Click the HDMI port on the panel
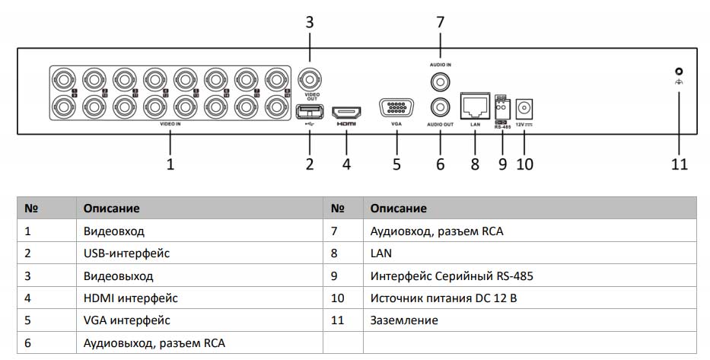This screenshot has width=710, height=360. tap(346, 110)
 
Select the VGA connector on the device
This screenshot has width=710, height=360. tap(396, 108)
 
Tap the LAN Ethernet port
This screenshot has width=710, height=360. tap(475, 106)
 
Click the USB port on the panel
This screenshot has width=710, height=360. tap(310, 111)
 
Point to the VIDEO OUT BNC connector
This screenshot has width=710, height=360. tap(310, 78)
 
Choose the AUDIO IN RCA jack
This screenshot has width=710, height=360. tap(439, 80)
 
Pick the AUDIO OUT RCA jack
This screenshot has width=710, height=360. tap(439, 107)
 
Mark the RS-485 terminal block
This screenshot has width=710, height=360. tap(501, 108)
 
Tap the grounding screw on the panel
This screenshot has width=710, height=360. tap(679, 71)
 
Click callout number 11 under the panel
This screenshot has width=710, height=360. tap(679, 164)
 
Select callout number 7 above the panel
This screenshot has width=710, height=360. tap(440, 22)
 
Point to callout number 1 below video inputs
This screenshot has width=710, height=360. tap(170, 164)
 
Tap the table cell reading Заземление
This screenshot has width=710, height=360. tap(404, 320)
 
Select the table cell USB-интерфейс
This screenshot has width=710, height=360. tap(126, 253)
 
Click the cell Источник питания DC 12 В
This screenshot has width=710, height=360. tap(444, 298)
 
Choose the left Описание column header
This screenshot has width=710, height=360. tap(112, 208)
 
